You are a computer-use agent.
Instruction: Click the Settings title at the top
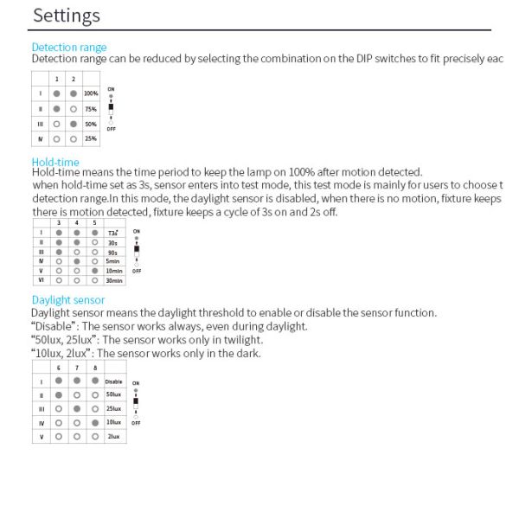tap(66, 16)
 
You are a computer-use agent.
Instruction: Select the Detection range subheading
tap(69, 47)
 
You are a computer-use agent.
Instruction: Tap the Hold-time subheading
tap(54, 162)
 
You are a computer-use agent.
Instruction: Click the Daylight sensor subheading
tap(67, 300)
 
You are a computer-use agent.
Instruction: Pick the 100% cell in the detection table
tap(90, 93)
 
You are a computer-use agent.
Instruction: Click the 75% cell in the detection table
tap(90, 109)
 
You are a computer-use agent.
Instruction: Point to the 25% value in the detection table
tap(90, 138)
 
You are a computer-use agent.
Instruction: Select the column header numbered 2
tap(74, 79)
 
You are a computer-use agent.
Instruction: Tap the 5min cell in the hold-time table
tap(112, 260)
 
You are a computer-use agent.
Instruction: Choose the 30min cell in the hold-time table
tap(112, 280)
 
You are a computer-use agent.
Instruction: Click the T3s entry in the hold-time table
tap(112, 233)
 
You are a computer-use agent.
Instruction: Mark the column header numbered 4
tap(76, 223)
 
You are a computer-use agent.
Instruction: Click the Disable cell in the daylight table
tap(113, 381)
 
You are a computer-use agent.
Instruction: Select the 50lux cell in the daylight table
tap(113, 394)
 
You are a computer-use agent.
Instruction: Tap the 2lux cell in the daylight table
tap(113, 437)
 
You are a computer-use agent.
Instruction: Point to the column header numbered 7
tap(76, 367)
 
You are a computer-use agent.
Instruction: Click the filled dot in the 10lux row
tap(93, 422)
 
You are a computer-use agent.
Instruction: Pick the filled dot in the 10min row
tap(93, 271)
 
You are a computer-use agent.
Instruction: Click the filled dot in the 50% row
tap(74, 124)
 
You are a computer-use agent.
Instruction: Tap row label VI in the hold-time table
tap(41, 280)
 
